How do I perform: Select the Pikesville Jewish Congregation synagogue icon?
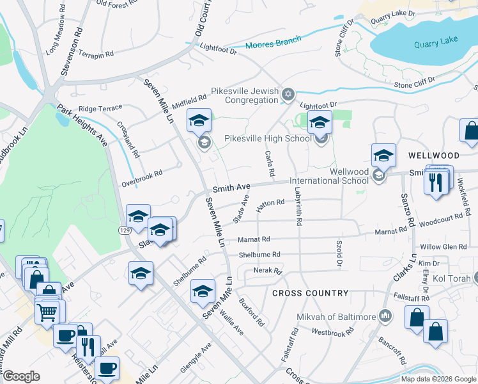click(288, 95)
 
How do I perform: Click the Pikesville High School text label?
click(268, 138)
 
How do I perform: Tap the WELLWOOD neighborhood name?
click(434, 156)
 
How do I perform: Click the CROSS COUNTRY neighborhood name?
click(311, 293)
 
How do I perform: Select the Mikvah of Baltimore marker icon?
click(385, 316)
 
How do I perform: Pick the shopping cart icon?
click(47, 313)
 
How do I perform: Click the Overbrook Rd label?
click(142, 179)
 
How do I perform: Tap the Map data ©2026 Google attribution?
click(438, 379)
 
